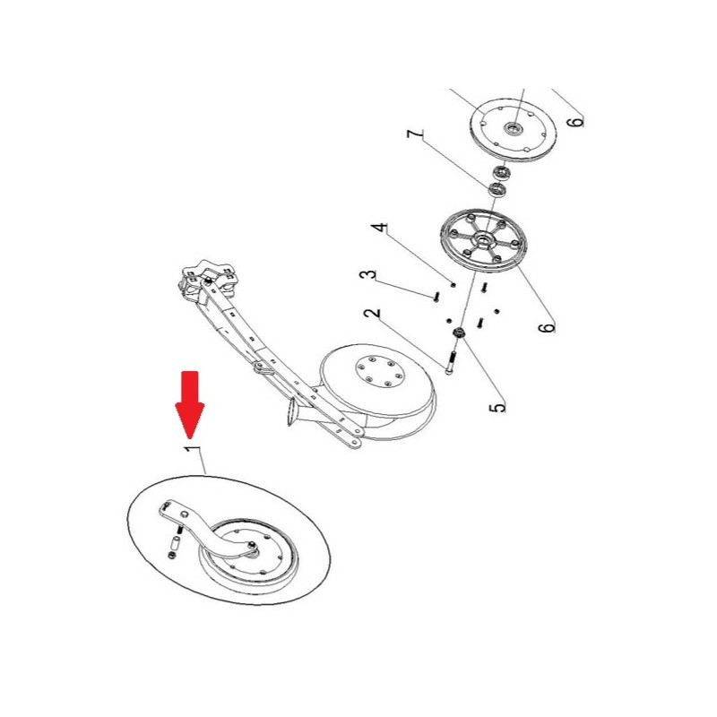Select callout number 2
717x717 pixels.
click(372, 314)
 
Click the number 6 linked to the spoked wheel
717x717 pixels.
click(547, 327)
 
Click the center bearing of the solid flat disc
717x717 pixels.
click(512, 127)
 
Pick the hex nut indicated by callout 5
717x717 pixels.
click(459, 333)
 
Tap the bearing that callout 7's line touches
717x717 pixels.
click(497, 189)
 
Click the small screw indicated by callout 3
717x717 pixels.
click(436, 297)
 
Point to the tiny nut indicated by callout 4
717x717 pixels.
click(454, 284)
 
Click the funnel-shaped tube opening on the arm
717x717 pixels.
click(292, 410)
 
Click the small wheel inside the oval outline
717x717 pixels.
click(249, 555)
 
